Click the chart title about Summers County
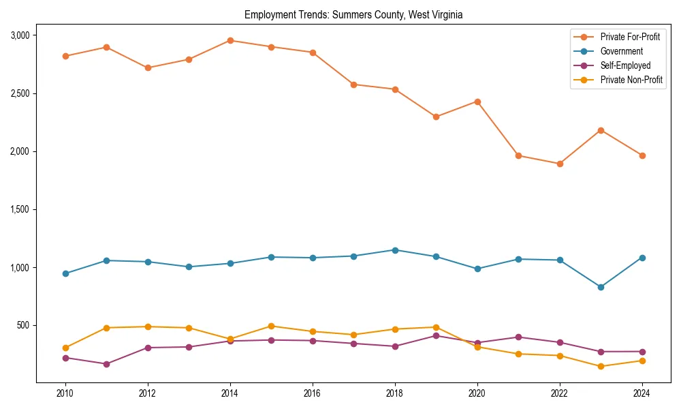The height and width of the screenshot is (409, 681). (353, 15)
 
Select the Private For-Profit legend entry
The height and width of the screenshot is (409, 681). (630, 37)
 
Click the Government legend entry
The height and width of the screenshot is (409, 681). (621, 51)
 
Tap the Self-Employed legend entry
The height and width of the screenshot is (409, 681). (625, 65)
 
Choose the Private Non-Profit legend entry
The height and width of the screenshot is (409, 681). (631, 80)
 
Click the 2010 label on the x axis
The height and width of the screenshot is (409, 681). (65, 393)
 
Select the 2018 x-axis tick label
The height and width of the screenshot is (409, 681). (394, 393)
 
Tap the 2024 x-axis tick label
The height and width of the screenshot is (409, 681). (642, 393)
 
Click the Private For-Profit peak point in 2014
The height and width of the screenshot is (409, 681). (230, 40)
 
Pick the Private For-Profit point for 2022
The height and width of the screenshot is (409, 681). (560, 164)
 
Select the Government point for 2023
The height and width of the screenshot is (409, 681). (601, 287)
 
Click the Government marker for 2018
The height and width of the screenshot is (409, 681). (394, 250)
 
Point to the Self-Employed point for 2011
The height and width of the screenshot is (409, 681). (106, 364)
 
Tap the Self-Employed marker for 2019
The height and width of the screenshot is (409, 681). (436, 335)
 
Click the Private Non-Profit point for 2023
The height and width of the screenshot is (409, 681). (601, 366)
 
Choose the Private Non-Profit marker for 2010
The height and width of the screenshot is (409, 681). (65, 348)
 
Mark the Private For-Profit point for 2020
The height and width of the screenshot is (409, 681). (477, 102)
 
